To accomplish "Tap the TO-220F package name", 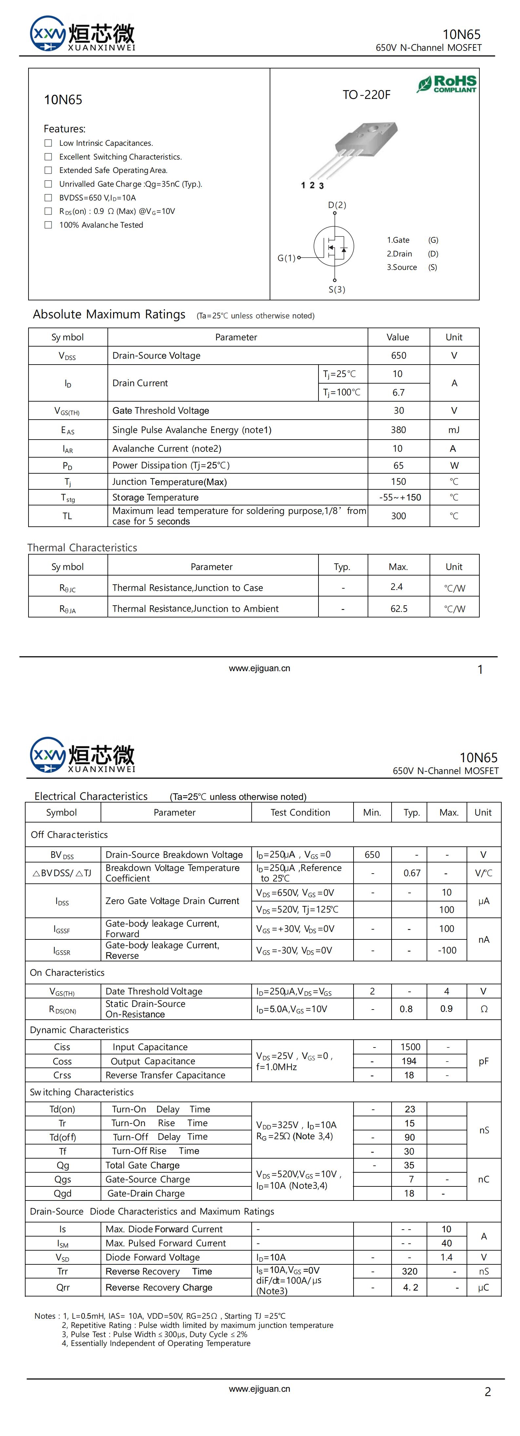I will click(366, 95).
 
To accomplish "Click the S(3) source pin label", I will click(337, 289).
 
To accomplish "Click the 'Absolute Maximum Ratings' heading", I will click(109, 314).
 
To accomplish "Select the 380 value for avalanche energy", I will click(398, 430).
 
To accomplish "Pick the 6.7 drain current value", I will click(398, 392).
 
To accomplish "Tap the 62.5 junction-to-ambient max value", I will click(398, 609).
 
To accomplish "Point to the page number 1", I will click(480, 670).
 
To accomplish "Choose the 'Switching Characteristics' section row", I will click(82, 1092).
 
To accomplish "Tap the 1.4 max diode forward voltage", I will click(446, 1257).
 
